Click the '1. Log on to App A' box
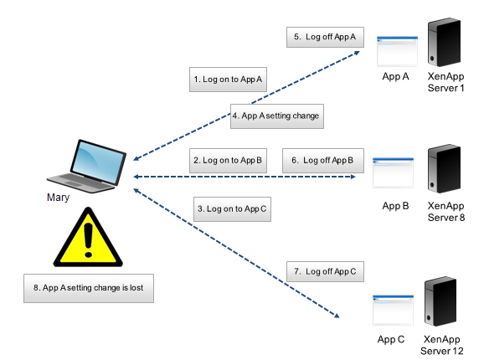229,80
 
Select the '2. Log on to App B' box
229,160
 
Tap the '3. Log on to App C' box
232,209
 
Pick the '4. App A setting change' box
275,116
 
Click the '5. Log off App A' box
326,37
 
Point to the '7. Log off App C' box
327,270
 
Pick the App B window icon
394,172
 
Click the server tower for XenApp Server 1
445,42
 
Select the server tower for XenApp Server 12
443,302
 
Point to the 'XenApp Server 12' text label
443,345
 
